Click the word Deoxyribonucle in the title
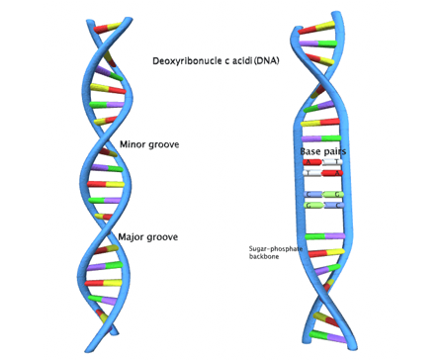click(188, 61)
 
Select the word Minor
click(133, 144)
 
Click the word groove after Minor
click(164, 144)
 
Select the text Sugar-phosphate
click(274, 248)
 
